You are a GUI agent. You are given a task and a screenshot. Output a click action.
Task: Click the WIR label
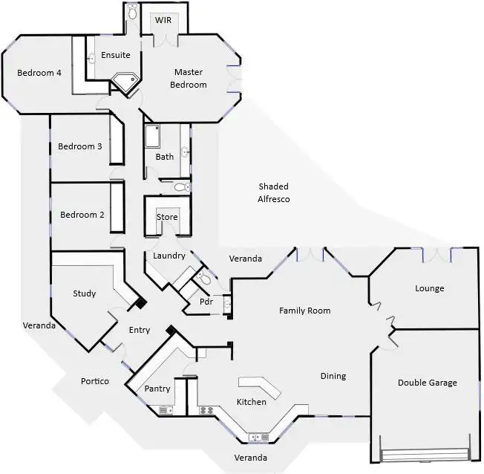(163, 20)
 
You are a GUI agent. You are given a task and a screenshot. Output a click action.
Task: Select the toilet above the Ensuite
(133, 12)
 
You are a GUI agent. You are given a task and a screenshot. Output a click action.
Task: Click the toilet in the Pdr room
(205, 280)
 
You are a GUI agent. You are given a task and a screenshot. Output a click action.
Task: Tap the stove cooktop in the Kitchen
(206, 409)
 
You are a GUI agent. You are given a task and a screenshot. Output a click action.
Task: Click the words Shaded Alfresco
(273, 192)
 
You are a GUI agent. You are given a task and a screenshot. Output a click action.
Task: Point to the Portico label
(95, 381)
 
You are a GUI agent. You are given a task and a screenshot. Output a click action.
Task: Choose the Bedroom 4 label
(39, 72)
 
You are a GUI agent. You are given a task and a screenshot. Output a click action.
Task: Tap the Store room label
(167, 216)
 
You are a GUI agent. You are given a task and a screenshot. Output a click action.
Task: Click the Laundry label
(169, 256)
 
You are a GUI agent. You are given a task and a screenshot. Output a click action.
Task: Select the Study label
(84, 293)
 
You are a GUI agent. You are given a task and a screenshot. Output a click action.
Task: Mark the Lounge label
(429, 288)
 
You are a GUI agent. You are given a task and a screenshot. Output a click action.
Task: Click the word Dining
(333, 376)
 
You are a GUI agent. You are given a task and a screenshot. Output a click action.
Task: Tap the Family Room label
(304, 311)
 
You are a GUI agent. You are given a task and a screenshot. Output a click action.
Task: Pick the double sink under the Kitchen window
(259, 437)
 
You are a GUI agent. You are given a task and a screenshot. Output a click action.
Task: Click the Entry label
(139, 330)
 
